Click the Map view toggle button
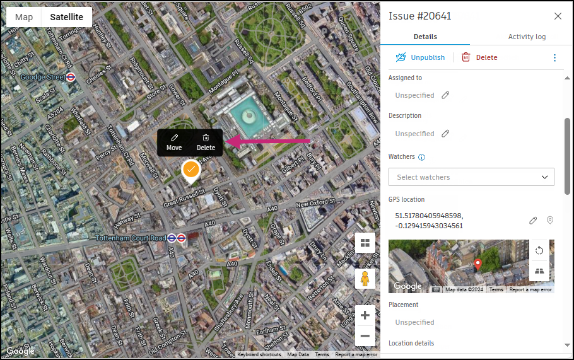point(24,17)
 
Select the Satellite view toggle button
point(67,17)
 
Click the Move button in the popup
point(174,142)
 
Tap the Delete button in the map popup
point(206,142)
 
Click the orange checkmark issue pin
point(190,170)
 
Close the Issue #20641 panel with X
point(558,16)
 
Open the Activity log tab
point(527,37)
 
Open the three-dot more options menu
point(555,57)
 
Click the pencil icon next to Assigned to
point(445,95)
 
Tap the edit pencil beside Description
point(445,134)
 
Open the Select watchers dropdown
point(471,177)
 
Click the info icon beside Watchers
point(422,157)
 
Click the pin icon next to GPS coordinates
point(550,220)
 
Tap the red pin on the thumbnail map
point(478,264)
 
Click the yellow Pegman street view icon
point(365,278)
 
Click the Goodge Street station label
point(43,77)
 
